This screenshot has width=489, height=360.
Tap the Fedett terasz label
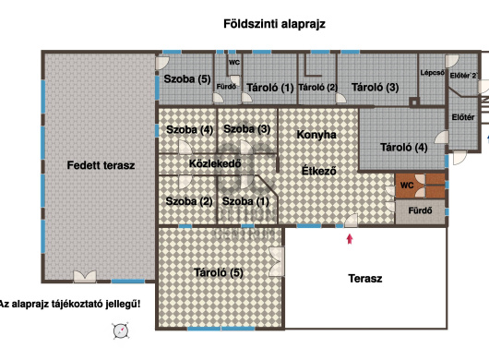click(101, 165)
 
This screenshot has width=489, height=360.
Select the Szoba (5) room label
click(187, 79)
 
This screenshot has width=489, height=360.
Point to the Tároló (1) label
click(269, 88)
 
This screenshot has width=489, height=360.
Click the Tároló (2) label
click(317, 88)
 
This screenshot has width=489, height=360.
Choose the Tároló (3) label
click(375, 88)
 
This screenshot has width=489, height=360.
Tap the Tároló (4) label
click(404, 147)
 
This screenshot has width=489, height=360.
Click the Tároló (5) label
click(218, 272)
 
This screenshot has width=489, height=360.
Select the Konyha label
click(316, 135)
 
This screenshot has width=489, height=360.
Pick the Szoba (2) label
click(189, 200)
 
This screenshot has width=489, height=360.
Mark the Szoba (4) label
click(189, 129)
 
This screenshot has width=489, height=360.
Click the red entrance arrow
click(349, 240)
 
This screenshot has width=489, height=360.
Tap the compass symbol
click(119, 331)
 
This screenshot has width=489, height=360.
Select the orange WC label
click(406, 185)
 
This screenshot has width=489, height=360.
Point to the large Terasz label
click(365, 278)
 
